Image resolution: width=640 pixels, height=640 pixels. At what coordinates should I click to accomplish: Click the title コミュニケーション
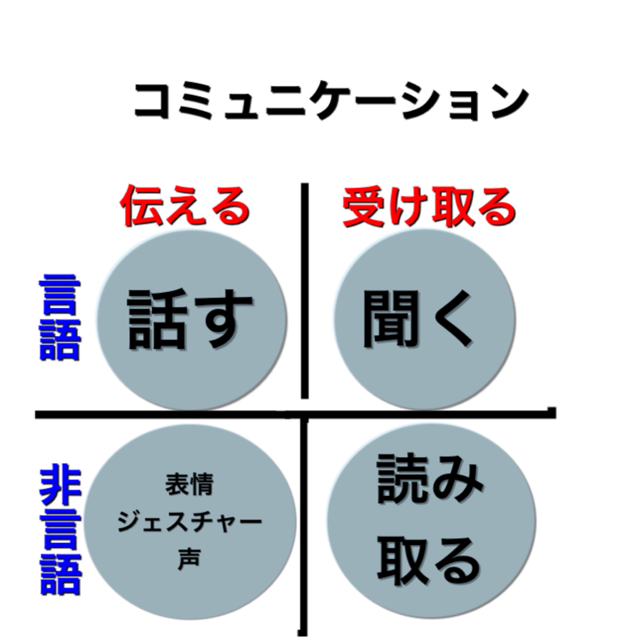coord(330,101)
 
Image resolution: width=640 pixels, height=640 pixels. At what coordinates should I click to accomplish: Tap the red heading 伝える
coord(184,207)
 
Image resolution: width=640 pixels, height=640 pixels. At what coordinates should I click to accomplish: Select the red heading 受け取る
coord(429,207)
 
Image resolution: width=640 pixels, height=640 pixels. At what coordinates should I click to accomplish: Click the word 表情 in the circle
coord(189,484)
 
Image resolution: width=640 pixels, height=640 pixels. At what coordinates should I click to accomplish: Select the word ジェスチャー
coord(189,522)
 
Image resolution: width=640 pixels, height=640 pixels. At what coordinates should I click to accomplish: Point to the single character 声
coord(189,558)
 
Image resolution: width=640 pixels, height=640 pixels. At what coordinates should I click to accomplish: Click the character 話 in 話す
coord(156,319)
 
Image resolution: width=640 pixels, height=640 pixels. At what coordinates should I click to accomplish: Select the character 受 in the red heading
coord(363,207)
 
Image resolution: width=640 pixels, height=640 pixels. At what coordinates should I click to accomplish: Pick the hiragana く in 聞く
coord(452,319)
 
